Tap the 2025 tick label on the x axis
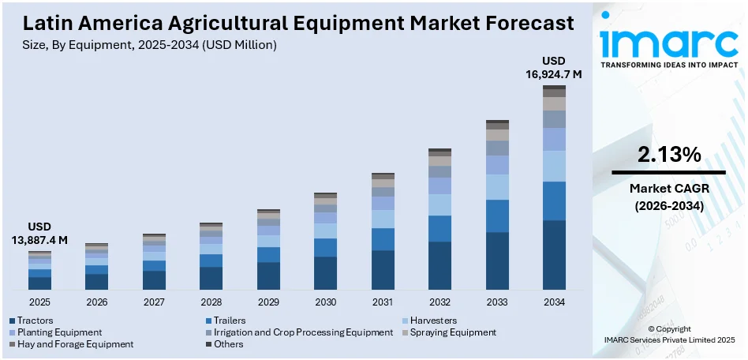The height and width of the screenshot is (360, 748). [39, 302]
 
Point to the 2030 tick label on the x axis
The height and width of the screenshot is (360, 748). [325, 302]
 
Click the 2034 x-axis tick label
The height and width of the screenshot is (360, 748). [554, 302]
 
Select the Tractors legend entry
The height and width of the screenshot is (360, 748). [36, 321]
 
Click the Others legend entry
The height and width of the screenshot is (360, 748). [228, 344]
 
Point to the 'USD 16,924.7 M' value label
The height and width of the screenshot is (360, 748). [554, 68]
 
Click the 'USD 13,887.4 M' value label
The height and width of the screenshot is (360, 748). [39, 234]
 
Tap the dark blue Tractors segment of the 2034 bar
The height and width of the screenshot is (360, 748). [554, 254]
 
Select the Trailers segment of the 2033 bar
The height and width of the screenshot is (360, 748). [497, 216]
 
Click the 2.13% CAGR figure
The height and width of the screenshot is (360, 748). [668, 156]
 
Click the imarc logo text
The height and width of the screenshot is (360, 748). [668, 39]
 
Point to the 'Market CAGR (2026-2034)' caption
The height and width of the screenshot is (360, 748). [668, 197]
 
